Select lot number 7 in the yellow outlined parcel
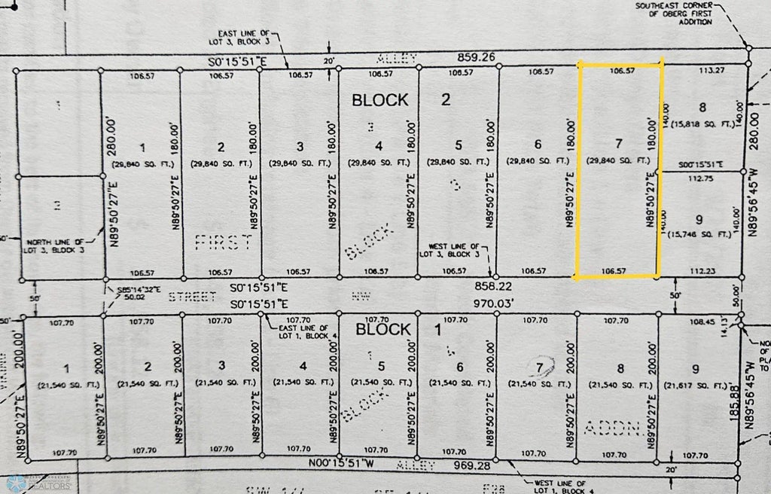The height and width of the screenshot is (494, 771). tap(619, 143)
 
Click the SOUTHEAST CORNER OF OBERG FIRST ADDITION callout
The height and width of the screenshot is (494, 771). tap(673, 14)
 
